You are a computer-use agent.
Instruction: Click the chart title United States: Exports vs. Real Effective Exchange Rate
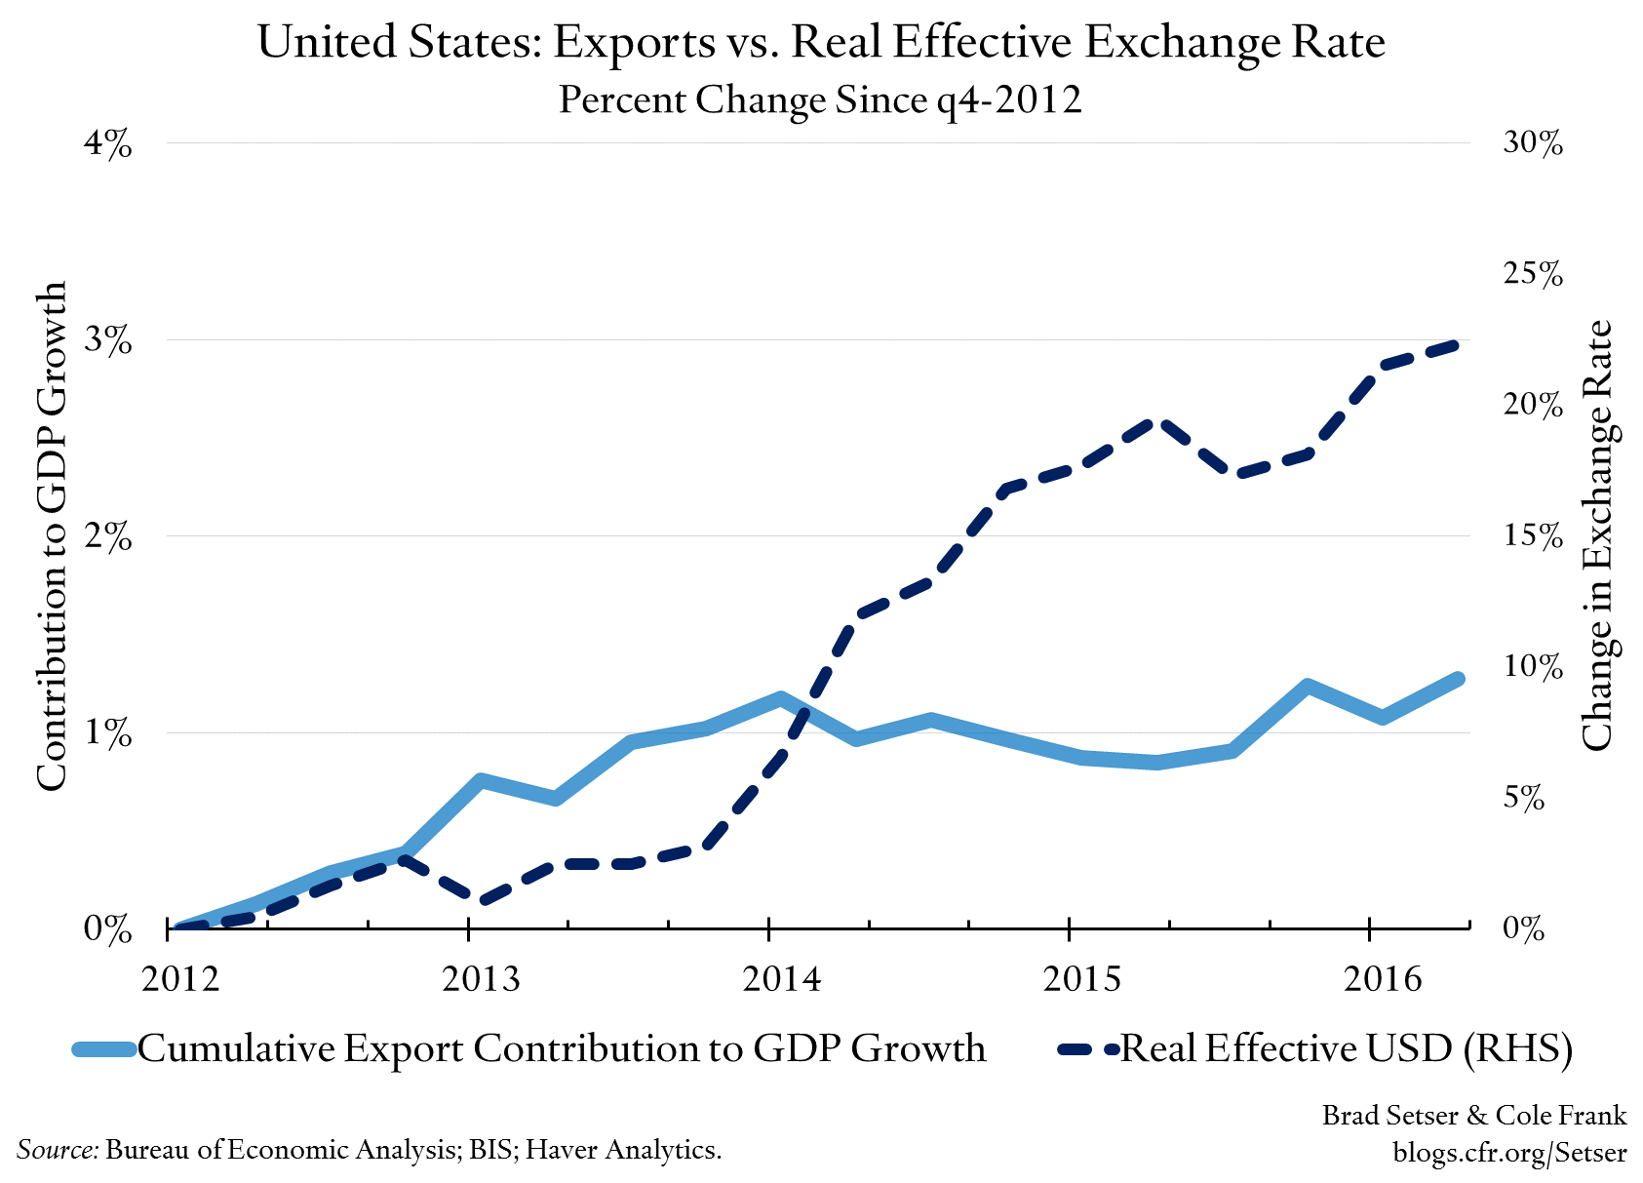(x=821, y=44)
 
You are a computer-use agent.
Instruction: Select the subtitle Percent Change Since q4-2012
(x=820, y=99)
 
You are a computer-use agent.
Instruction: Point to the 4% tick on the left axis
(x=107, y=143)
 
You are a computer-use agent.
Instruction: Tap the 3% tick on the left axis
(x=107, y=340)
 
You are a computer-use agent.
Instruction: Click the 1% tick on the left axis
(x=107, y=732)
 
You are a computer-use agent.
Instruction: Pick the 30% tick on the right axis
(x=1533, y=143)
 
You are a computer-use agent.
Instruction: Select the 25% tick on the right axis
(x=1533, y=274)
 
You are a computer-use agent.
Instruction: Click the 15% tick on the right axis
(x=1533, y=535)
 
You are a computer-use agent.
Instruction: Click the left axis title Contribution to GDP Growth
(x=51, y=535)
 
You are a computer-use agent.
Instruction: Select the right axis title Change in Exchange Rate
(x=1595, y=535)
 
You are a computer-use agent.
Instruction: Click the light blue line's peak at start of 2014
(x=781, y=697)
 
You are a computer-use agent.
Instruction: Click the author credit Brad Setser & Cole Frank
(x=1473, y=1115)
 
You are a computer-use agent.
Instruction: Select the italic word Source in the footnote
(x=57, y=1150)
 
